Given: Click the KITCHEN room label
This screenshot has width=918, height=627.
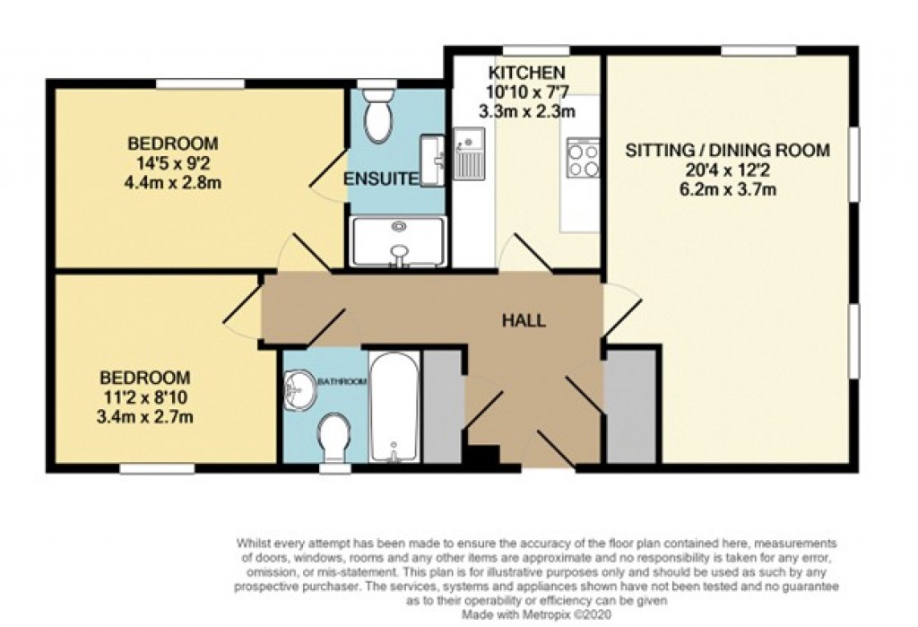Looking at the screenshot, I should (x=526, y=73).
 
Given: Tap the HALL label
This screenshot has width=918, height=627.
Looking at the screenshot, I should (x=524, y=320).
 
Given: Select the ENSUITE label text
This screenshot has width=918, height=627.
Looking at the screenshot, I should (x=381, y=179).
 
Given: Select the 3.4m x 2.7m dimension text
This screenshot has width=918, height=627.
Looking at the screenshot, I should (x=146, y=416).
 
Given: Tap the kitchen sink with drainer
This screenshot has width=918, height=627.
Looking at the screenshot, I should (x=468, y=152).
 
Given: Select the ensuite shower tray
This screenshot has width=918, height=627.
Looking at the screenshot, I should (x=397, y=241).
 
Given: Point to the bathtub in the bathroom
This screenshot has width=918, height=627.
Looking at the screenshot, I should (x=394, y=408).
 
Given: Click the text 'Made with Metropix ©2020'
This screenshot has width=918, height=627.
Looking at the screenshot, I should (x=536, y=617).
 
